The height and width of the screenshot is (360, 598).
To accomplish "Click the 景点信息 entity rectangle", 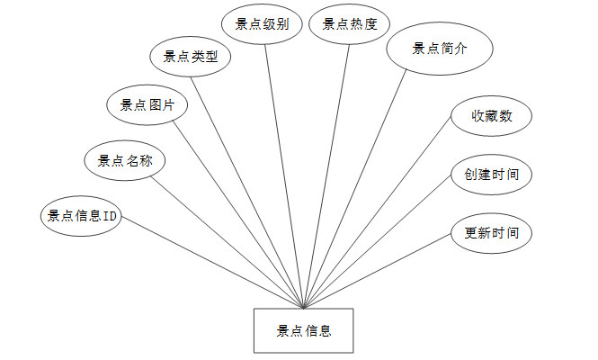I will (303, 330).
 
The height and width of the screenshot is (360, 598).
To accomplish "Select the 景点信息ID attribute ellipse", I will (82, 216).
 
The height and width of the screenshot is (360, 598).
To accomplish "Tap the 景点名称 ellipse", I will (124, 161).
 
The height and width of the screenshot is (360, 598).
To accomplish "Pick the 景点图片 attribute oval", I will (147, 105).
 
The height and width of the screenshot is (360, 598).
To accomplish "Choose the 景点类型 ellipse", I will (190, 56).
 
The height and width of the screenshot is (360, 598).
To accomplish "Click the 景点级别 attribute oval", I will (262, 24).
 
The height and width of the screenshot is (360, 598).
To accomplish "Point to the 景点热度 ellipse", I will (350, 24).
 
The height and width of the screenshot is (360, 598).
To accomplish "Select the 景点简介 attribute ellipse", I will (440, 49).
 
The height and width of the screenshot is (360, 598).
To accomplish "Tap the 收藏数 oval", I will (491, 116).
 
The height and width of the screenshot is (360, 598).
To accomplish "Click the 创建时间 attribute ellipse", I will (491, 174).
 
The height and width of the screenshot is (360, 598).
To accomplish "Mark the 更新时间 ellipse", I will (491, 233).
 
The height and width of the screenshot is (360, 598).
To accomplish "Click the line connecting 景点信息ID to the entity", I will (211, 263).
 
